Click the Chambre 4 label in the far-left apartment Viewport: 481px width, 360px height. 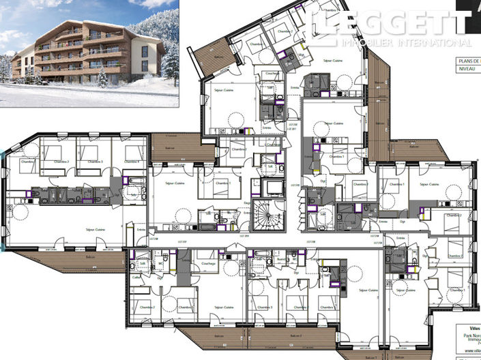tap(133, 162)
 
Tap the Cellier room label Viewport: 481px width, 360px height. tap(136, 276)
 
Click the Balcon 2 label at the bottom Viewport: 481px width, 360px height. tap(295, 337)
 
